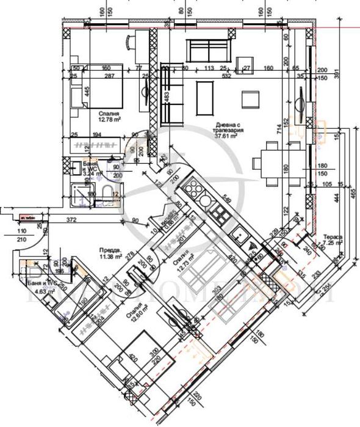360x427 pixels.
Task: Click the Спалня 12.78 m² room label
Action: click(109, 116)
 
